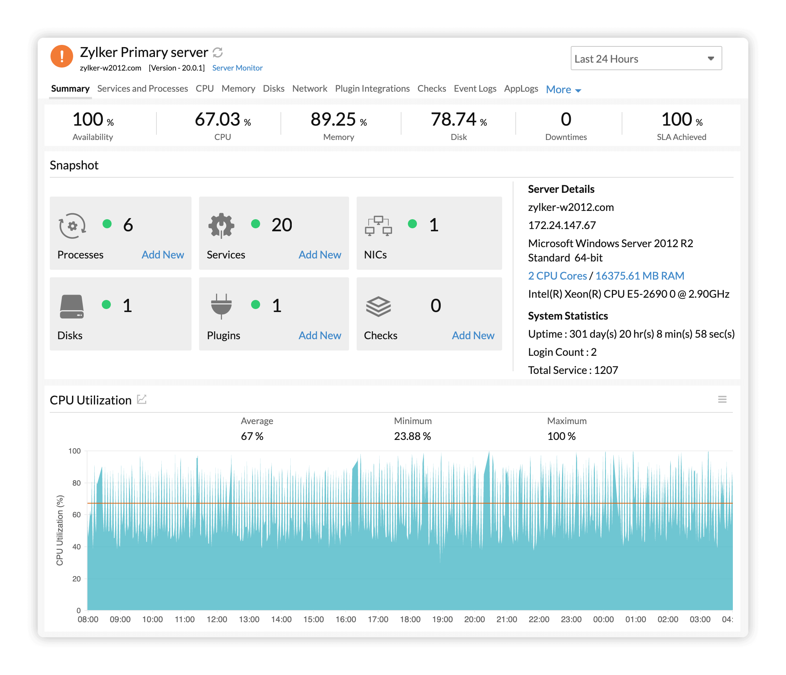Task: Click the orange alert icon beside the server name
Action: [61, 56]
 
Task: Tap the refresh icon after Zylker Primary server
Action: [218, 52]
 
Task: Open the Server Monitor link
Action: [237, 68]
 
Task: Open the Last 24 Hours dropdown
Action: [646, 58]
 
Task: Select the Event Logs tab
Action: [475, 88]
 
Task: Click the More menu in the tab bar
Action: [563, 89]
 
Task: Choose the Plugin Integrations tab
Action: [372, 88]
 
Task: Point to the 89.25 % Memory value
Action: [338, 120]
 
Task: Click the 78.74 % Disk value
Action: [458, 120]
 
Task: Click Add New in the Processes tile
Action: [162, 255]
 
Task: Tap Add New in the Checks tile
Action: [473, 335]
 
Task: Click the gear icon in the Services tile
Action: [221, 226]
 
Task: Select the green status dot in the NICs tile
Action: [412, 224]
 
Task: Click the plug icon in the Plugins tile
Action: [221, 306]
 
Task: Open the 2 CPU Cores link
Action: [557, 276]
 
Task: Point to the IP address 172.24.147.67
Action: [561, 226]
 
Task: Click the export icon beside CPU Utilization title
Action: [141, 400]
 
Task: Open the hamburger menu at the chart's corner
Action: [722, 400]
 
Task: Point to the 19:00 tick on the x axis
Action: [442, 620]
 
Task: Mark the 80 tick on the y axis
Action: [76, 483]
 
